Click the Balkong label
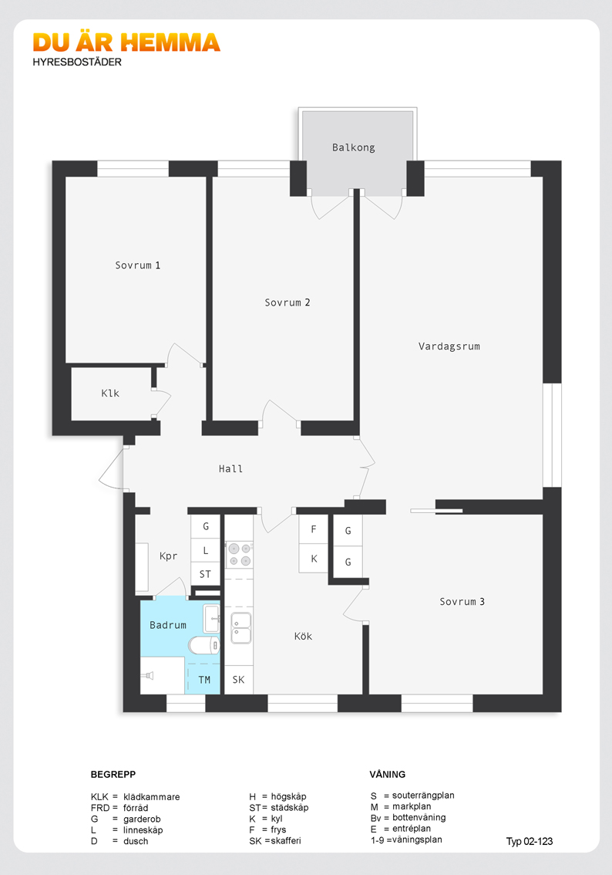pyautogui.click(x=353, y=147)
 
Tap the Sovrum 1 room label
pyautogui.click(x=138, y=265)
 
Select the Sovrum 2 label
pyautogui.click(x=287, y=302)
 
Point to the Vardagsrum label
pyautogui.click(x=449, y=346)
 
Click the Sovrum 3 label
pyautogui.click(x=462, y=602)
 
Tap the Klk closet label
pyautogui.click(x=110, y=394)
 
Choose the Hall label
pyautogui.click(x=230, y=469)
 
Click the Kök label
pyautogui.click(x=303, y=636)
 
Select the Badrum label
pyautogui.click(x=168, y=625)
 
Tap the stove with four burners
pyautogui.click(x=240, y=555)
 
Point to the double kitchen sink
pyautogui.click(x=240, y=628)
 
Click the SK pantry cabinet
pyautogui.click(x=239, y=680)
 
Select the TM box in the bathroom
pyautogui.click(x=204, y=679)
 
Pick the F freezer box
pyautogui.click(x=313, y=529)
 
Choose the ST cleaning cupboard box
pyautogui.click(x=205, y=573)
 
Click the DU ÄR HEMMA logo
pyautogui.click(x=126, y=43)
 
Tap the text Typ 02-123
pyautogui.click(x=530, y=841)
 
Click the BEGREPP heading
pyautogui.click(x=113, y=774)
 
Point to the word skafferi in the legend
pyautogui.click(x=286, y=840)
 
